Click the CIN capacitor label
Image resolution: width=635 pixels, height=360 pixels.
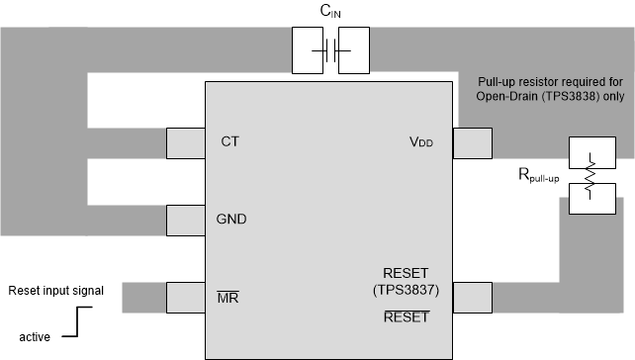click(x=331, y=12)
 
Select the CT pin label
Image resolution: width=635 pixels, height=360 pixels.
click(x=230, y=141)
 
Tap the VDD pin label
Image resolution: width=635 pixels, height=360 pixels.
click(x=421, y=142)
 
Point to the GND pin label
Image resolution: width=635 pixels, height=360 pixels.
click(x=231, y=219)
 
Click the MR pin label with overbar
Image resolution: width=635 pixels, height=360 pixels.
click(x=227, y=297)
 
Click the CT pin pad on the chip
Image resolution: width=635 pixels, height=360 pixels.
click(x=186, y=143)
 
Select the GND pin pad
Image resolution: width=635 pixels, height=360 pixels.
click(x=186, y=220)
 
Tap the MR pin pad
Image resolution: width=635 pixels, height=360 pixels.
click(x=186, y=297)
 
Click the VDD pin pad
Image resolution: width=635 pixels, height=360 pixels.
click(x=471, y=143)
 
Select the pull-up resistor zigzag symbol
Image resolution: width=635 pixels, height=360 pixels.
click(x=590, y=176)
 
